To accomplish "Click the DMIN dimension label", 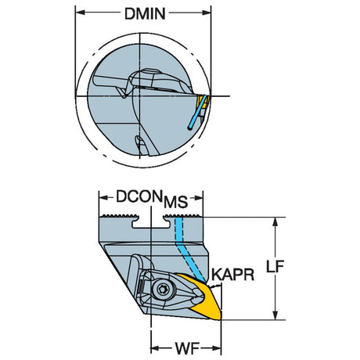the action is [x=145, y=14].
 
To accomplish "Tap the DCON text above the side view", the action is [x=139, y=196].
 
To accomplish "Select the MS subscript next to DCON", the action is [x=175, y=202].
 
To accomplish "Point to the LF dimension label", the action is [x=275, y=266].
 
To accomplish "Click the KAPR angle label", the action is [x=232, y=275].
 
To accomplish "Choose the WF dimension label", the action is [x=187, y=348].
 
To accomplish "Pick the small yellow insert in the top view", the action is [x=203, y=102].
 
